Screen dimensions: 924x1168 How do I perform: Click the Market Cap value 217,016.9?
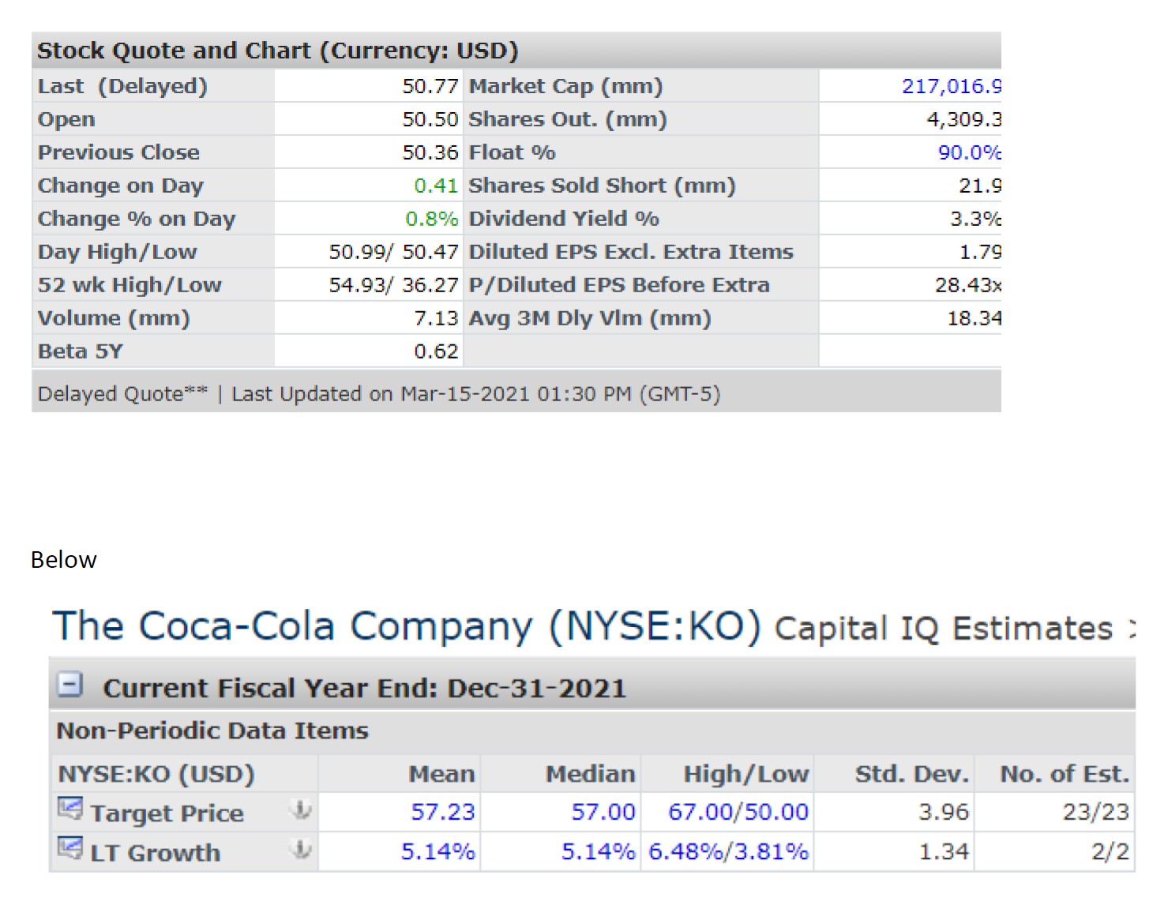[951, 86]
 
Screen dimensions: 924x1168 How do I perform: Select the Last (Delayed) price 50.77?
[430, 86]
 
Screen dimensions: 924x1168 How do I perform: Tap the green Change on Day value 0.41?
[435, 186]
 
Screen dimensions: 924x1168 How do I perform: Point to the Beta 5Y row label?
[81, 351]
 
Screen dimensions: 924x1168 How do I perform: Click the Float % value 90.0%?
[969, 152]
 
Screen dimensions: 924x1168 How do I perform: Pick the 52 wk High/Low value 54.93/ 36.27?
[393, 285]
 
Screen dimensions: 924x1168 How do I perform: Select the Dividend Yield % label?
[564, 219]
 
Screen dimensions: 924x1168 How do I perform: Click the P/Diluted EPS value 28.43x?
[967, 285]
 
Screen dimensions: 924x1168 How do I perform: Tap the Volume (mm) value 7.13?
[436, 318]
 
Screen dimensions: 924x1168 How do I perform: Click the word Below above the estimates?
[64, 560]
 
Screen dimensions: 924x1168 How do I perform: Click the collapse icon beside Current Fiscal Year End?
[71, 684]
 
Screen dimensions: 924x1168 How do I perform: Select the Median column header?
[590, 774]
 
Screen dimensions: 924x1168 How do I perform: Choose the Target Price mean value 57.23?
[442, 812]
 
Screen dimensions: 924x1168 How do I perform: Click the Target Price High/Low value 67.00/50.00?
[738, 812]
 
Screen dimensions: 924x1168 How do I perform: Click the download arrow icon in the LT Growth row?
[301, 850]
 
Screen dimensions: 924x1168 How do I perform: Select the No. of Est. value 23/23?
[1095, 812]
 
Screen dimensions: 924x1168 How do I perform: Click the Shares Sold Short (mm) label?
[602, 186]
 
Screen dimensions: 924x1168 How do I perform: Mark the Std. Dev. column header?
[911, 774]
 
